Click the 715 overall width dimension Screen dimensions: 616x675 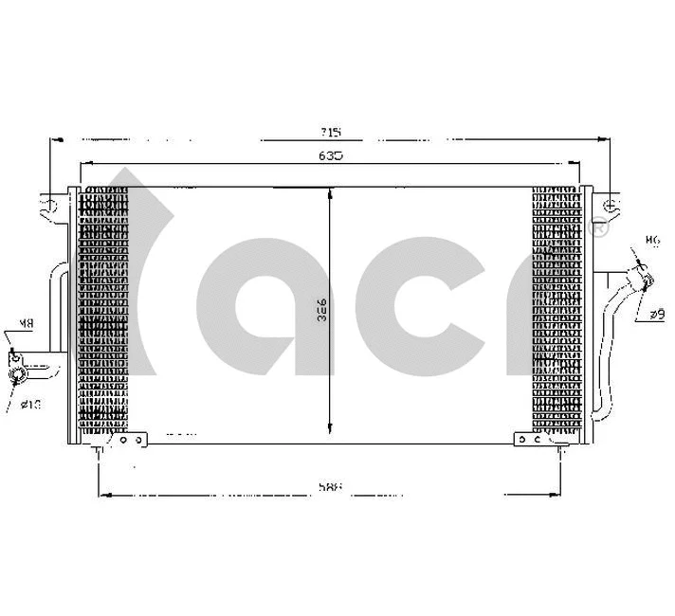click(x=331, y=131)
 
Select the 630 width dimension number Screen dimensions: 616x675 click(x=331, y=154)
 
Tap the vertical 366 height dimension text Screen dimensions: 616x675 click(x=321, y=309)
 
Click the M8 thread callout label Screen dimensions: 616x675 click(x=27, y=324)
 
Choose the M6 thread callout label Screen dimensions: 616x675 click(x=651, y=240)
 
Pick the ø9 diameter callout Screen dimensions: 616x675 click(x=657, y=313)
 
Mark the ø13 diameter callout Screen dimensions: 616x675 click(x=31, y=405)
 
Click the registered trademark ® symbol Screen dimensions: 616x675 click(x=598, y=227)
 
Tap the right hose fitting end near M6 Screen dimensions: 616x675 click(x=646, y=278)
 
